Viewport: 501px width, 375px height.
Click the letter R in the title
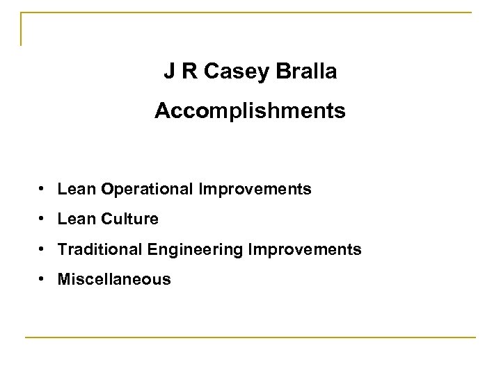[188, 72]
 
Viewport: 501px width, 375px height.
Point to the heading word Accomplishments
[250, 111]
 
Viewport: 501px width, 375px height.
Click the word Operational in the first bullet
[152, 189]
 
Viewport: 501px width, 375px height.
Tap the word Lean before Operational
[78, 189]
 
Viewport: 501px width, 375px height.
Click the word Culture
[130, 219]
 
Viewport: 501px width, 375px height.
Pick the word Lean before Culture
[78, 219]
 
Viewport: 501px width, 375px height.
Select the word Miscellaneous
[115, 279]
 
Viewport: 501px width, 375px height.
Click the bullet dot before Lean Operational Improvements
[43, 189]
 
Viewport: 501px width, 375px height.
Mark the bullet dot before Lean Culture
[43, 219]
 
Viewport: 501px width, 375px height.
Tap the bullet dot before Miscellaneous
[43, 279]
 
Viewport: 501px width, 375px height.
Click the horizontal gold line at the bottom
[250, 337]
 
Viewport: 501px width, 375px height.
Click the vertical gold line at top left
[22, 29]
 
